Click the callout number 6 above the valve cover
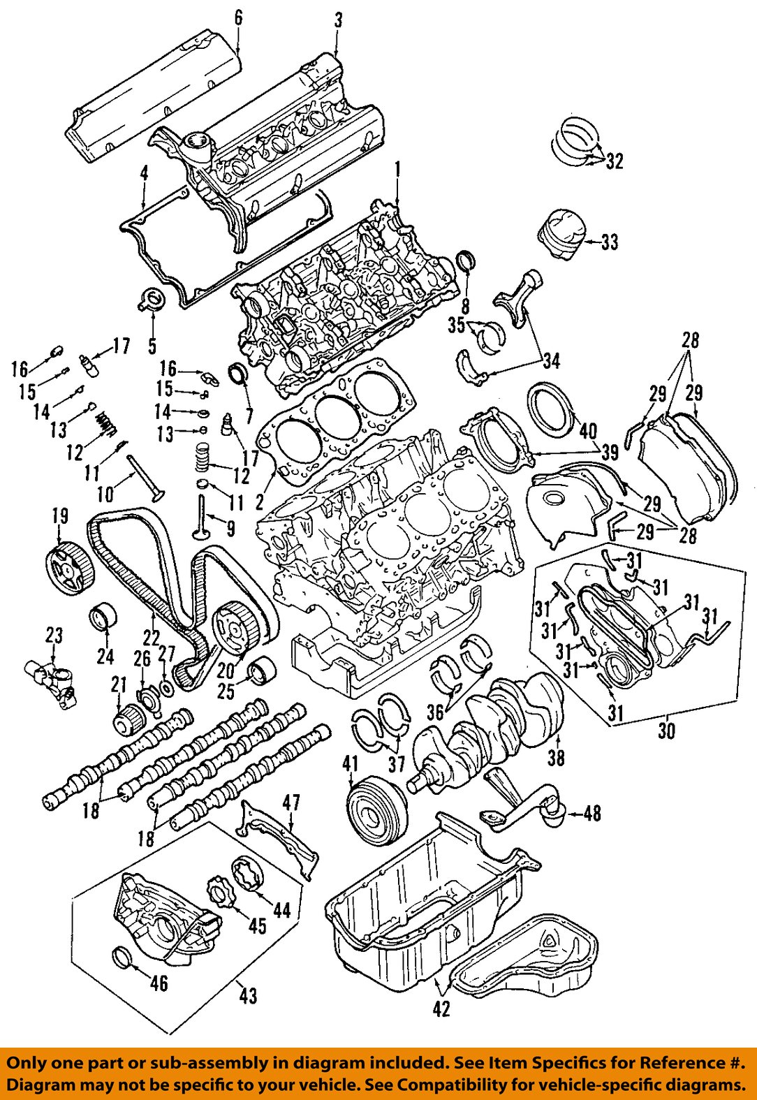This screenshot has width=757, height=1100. [x=238, y=17]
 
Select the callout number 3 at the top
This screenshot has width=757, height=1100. [x=338, y=20]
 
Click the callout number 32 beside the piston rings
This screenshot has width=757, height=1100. [x=614, y=161]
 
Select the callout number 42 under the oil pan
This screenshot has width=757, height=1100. [x=441, y=1008]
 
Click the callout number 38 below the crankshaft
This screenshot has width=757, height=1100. [x=556, y=757]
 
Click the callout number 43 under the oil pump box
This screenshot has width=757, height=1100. [x=248, y=994]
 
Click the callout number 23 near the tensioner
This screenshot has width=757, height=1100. [x=54, y=636]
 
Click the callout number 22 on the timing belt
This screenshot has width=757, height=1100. [x=152, y=637]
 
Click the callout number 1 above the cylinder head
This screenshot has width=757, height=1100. [x=397, y=169]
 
